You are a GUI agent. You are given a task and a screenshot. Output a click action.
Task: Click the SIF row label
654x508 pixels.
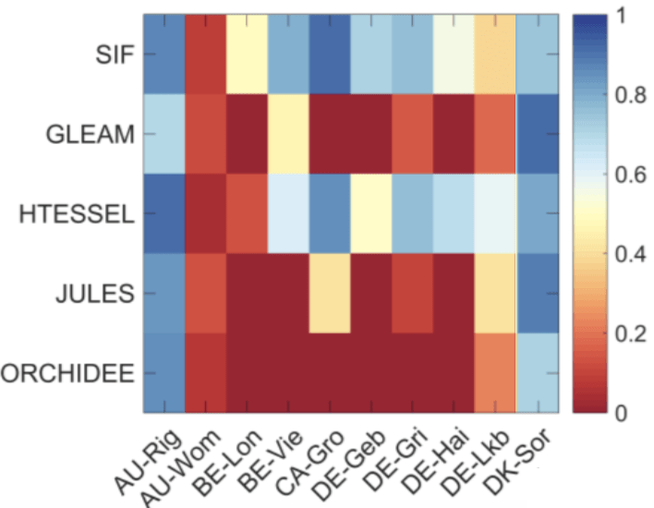click(112, 54)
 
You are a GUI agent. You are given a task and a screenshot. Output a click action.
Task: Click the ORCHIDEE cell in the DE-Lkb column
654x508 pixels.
click(495, 373)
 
